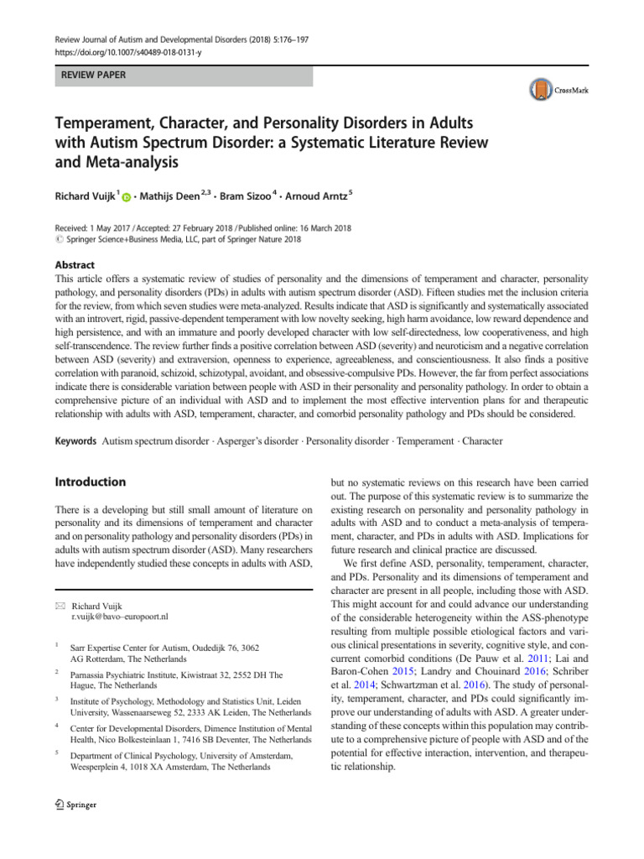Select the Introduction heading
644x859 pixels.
point(90,482)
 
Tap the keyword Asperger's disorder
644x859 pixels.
point(273,440)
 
